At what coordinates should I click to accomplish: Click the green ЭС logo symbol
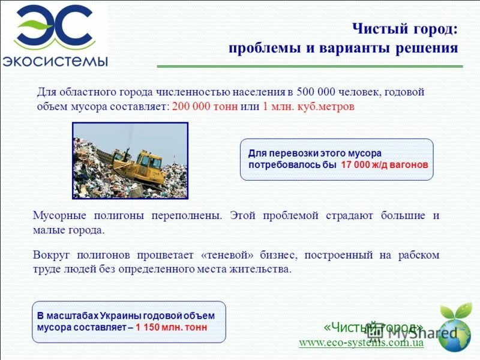click(54, 27)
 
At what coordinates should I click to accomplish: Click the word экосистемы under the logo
click(55, 61)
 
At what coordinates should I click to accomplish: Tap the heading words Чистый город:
click(404, 28)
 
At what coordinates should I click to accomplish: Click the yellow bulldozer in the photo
click(139, 163)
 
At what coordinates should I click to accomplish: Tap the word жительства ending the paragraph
click(262, 269)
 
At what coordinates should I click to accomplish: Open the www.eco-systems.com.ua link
click(361, 343)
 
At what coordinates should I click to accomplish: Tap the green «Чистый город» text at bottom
click(373, 327)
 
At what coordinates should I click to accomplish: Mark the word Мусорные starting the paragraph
click(58, 215)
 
